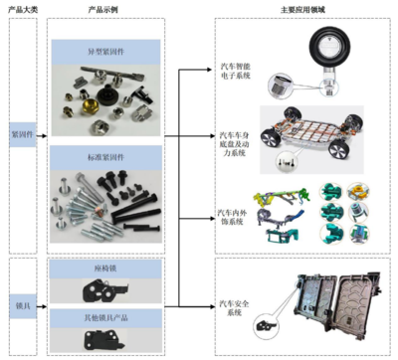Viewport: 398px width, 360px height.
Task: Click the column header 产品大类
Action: [x=23, y=7]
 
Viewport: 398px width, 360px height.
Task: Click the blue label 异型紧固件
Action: [x=106, y=49]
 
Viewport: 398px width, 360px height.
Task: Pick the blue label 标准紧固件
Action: [x=106, y=156]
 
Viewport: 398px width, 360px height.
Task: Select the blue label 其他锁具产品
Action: [x=106, y=316]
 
